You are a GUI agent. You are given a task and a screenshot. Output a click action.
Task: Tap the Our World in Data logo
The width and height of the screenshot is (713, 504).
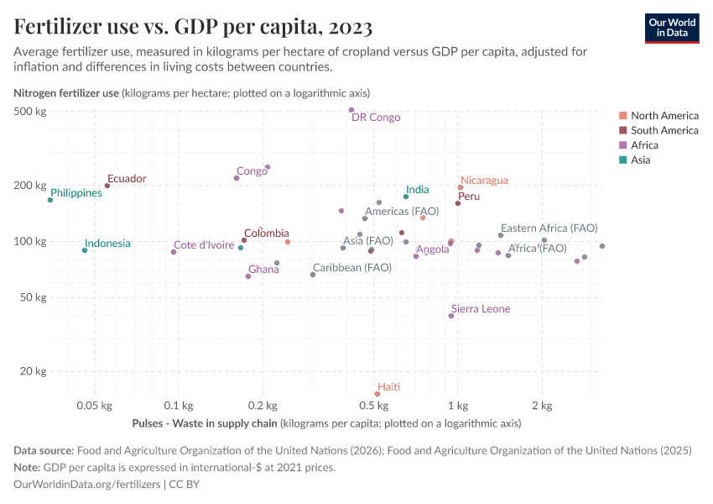coord(671,28)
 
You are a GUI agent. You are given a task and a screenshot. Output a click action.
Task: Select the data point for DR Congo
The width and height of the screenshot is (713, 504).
coord(351,110)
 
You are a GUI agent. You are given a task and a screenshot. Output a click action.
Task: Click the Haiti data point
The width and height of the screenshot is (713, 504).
coord(377,394)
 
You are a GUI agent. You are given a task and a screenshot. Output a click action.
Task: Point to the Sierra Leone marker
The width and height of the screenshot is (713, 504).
coord(451,316)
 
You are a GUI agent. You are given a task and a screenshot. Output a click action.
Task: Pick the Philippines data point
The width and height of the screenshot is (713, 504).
coord(50,200)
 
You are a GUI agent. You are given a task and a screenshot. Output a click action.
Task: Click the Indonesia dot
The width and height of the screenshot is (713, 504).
coord(85,250)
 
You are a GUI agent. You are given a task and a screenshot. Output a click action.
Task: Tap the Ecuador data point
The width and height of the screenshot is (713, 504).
coord(107,186)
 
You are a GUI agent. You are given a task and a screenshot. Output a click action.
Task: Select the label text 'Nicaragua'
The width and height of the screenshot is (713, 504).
coord(484,180)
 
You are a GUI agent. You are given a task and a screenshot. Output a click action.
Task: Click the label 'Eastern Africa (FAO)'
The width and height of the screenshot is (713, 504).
coord(549,228)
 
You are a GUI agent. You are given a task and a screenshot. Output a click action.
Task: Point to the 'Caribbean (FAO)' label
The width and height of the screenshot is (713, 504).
coord(351,268)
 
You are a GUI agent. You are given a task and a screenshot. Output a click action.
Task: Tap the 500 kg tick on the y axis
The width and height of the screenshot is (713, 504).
coord(30,112)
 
